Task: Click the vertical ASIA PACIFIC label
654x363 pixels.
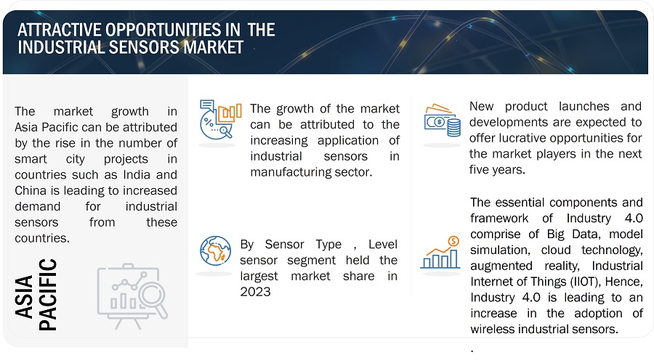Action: coord(34,293)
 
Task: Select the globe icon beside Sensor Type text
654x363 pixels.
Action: coord(215,250)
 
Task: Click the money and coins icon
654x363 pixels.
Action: coord(443,121)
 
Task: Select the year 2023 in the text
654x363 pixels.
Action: coord(255,292)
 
